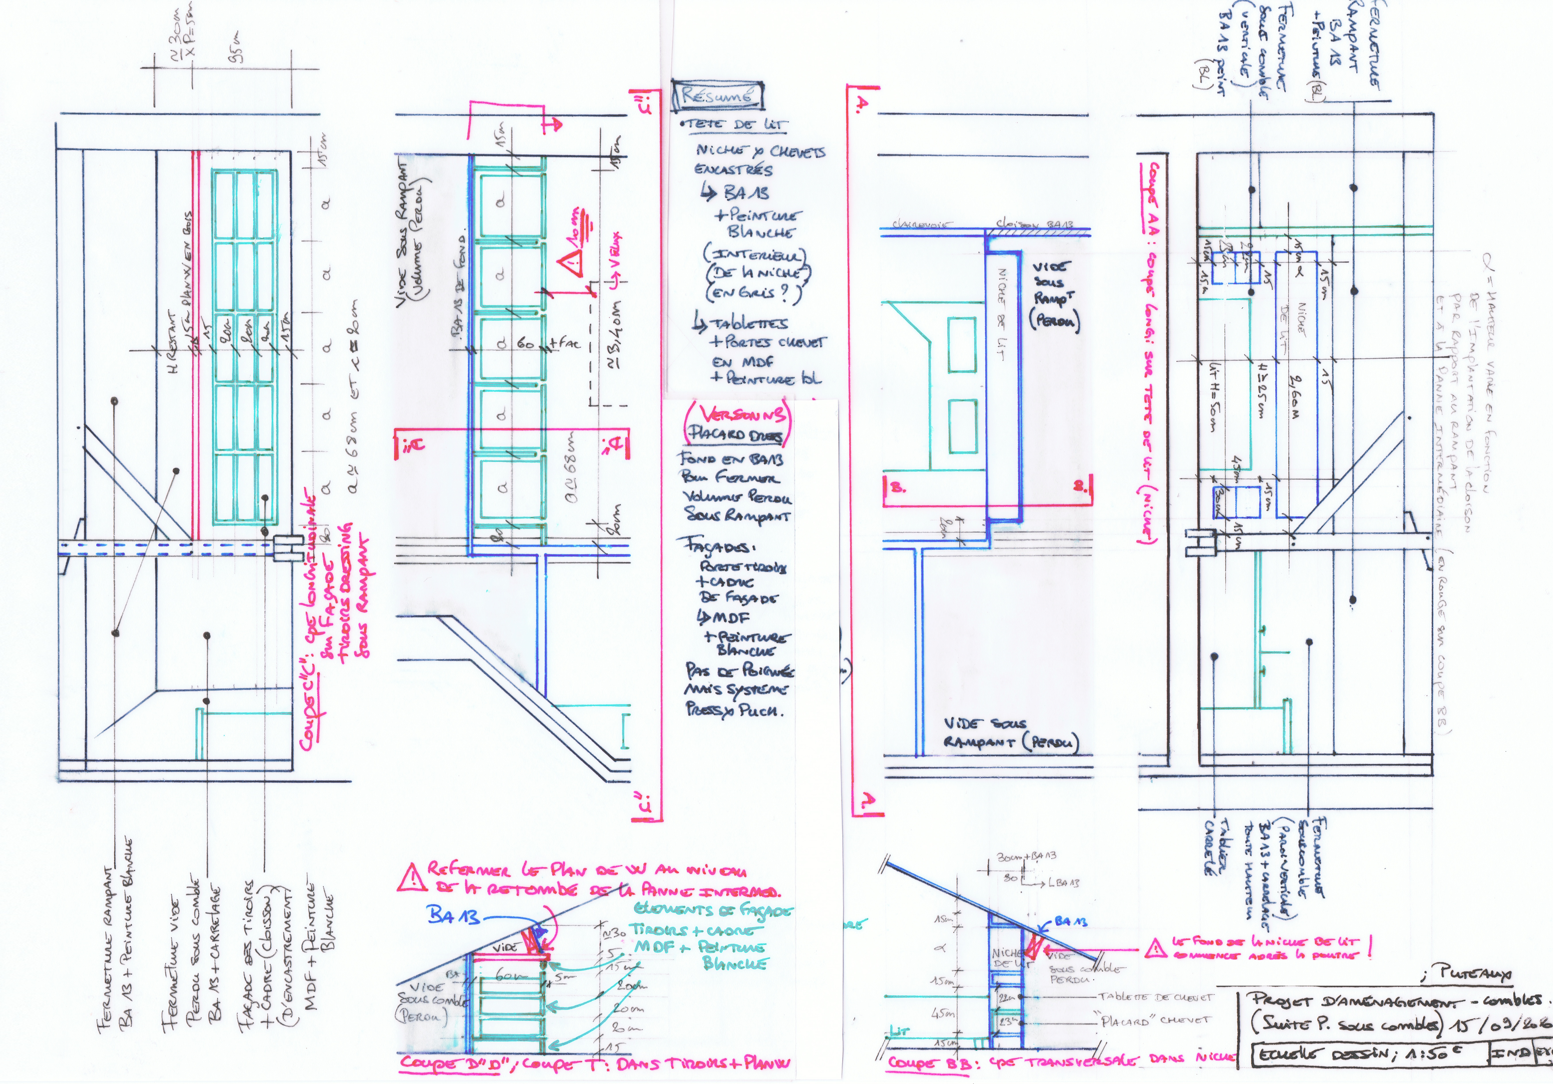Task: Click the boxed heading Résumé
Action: tap(717, 95)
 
